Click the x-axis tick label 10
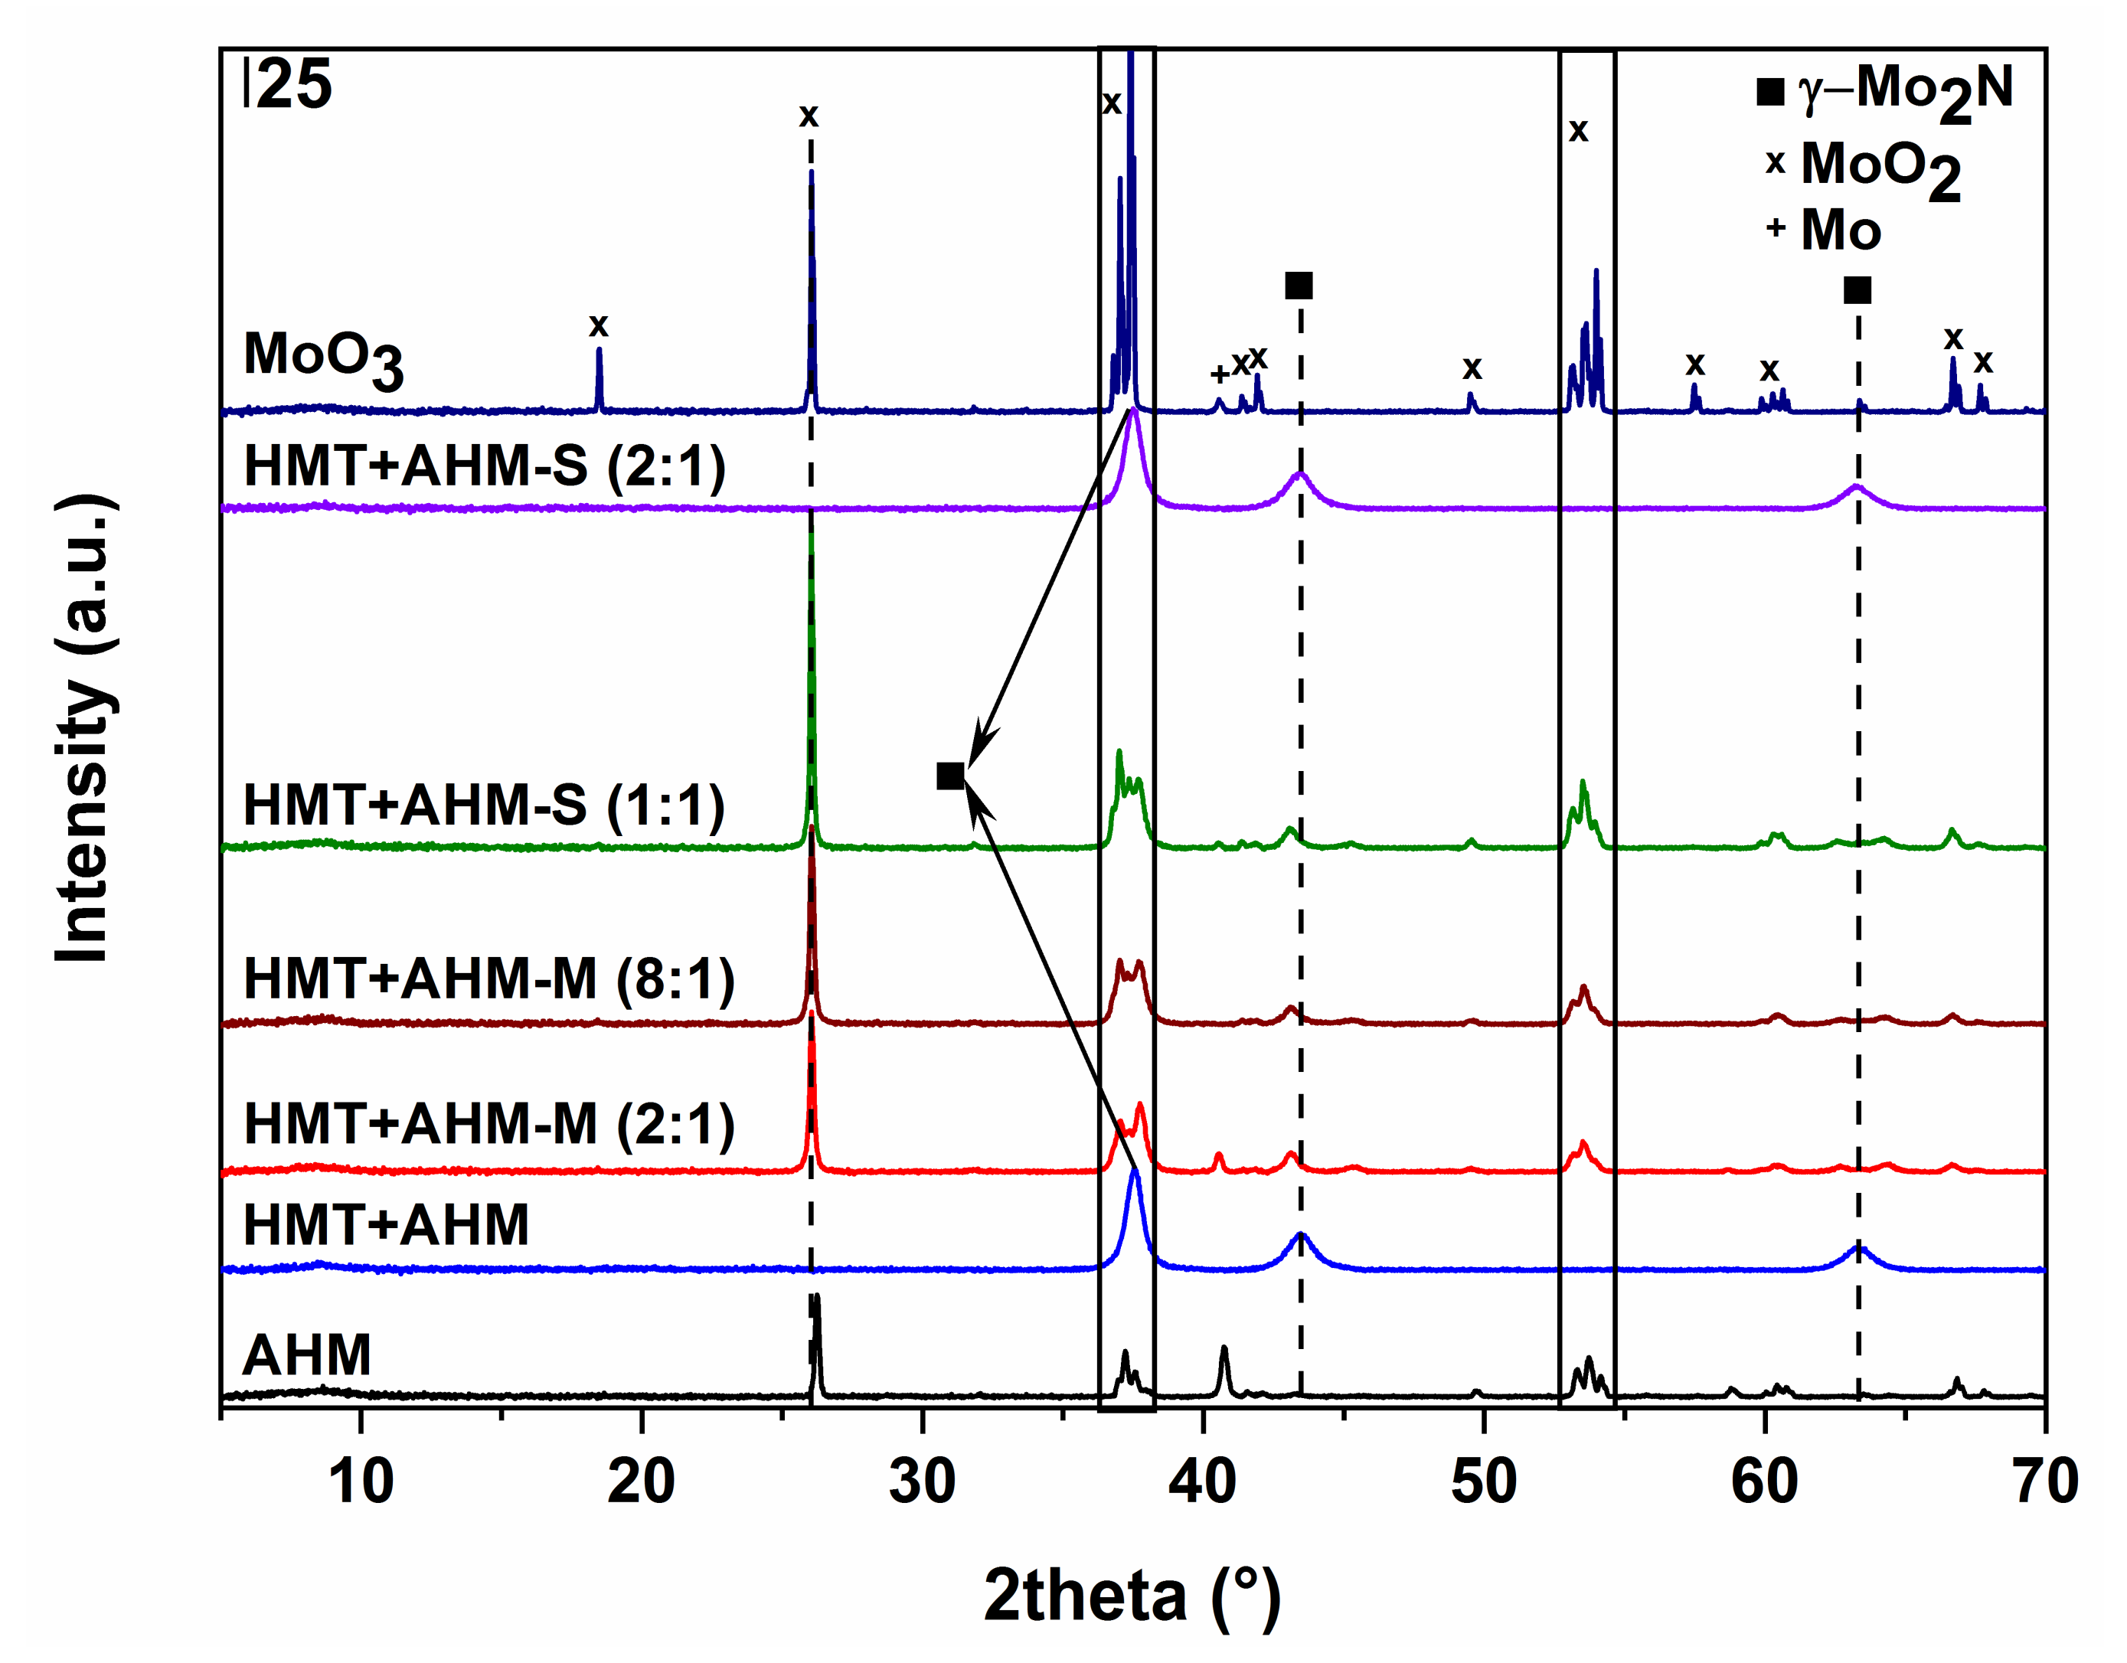[x=361, y=1482]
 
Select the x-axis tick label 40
[x=1202, y=1482]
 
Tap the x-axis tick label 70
[x=2045, y=1482]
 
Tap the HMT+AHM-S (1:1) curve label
[x=484, y=805]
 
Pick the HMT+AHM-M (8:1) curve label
[x=489, y=979]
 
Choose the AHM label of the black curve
[x=307, y=1354]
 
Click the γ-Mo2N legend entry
[x=1884, y=90]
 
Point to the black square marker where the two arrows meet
[x=949, y=776]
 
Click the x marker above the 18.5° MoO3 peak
[x=598, y=325]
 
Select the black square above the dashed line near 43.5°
[x=1299, y=286]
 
